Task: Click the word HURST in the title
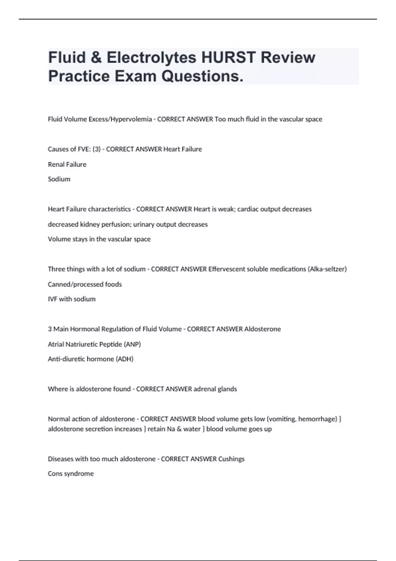[228, 57]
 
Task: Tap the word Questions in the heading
[202, 76]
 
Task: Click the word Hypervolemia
[131, 119]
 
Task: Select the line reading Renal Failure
[67, 164]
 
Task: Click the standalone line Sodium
[59, 179]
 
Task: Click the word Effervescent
[228, 269]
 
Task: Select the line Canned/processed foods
[85, 284]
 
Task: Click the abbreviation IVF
[52, 299]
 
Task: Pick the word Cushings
[231, 459]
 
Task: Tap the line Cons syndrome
[71, 474]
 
